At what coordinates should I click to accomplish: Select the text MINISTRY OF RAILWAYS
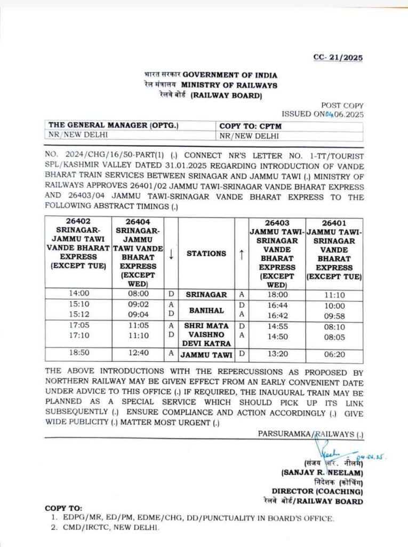pyautogui.click(x=229, y=85)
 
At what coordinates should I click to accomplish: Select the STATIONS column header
pyautogui.click(x=206, y=254)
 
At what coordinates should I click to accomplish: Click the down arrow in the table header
pyautogui.click(x=171, y=254)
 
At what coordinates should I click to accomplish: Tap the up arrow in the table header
pyautogui.click(x=241, y=254)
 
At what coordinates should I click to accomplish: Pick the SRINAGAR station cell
pyautogui.click(x=206, y=294)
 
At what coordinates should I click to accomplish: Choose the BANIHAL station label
pyautogui.click(x=206, y=310)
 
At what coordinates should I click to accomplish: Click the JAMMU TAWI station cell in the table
pyautogui.click(x=206, y=355)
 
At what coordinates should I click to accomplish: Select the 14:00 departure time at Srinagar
pyautogui.click(x=78, y=294)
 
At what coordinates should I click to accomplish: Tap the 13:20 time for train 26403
pyautogui.click(x=276, y=355)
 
